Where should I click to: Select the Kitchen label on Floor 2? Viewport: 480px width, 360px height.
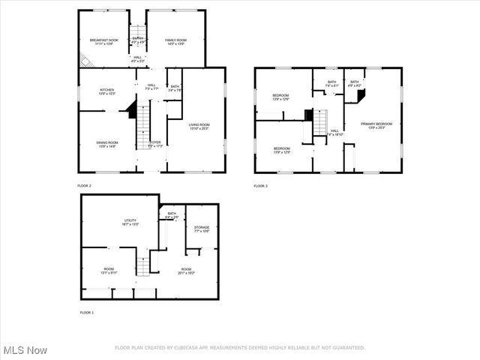(107, 91)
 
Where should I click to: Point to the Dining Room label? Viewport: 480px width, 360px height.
(107, 144)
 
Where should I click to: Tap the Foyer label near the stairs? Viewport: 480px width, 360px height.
(155, 143)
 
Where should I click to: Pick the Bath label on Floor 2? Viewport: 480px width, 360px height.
(174, 88)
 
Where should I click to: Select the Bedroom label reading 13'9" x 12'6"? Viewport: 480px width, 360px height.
(281, 97)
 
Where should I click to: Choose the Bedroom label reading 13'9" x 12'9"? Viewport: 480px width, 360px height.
(281, 150)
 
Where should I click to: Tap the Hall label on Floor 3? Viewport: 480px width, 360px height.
(334, 132)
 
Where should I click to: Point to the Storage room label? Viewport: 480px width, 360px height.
(202, 229)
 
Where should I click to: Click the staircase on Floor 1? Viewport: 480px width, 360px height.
(142, 265)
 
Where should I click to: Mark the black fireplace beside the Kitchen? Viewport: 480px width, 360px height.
(132, 112)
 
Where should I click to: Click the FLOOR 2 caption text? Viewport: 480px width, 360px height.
(85, 185)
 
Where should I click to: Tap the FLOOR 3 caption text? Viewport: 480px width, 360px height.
(260, 185)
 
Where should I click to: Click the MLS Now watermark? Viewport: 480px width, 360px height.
(25, 350)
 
